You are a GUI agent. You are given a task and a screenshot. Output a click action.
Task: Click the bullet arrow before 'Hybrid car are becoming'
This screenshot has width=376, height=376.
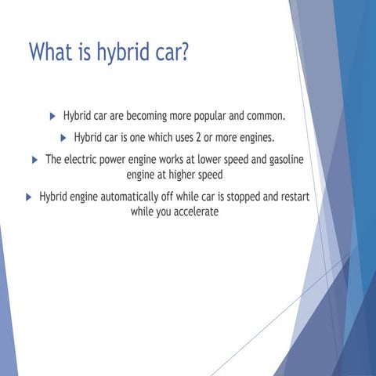52,117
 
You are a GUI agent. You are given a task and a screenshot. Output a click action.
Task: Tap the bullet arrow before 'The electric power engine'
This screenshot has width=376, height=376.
34,160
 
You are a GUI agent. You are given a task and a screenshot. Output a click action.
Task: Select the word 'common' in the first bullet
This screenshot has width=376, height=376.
262,117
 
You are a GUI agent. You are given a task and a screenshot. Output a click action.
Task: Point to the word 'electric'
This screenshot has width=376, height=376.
87,160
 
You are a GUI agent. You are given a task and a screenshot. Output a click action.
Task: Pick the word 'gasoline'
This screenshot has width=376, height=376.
280,160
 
